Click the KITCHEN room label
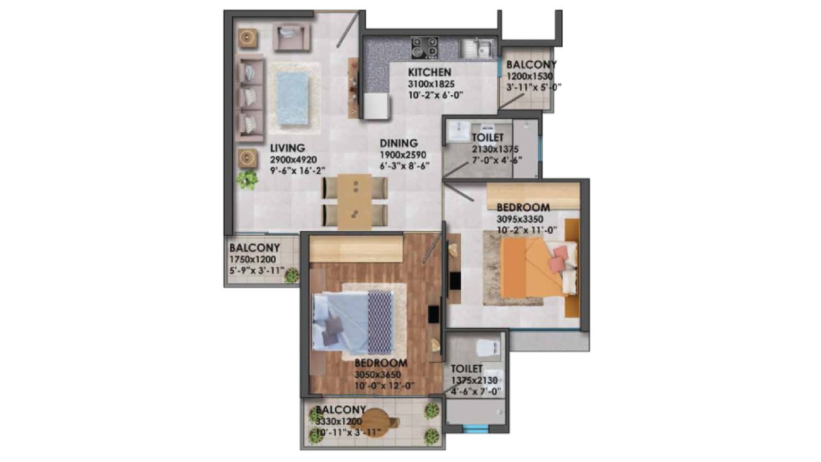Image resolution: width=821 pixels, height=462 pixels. pos(430,72)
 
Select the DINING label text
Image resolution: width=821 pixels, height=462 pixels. pos(398,144)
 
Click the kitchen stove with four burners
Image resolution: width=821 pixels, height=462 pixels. pos(424,47)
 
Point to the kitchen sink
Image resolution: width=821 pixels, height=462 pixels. pos(477,47)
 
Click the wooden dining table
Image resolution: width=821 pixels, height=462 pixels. pos(355,201)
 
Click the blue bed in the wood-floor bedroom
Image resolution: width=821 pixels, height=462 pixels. pos(350,321)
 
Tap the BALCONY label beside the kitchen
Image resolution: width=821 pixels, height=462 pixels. pos(531,65)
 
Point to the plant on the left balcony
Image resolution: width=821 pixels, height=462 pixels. pos(291,275)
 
